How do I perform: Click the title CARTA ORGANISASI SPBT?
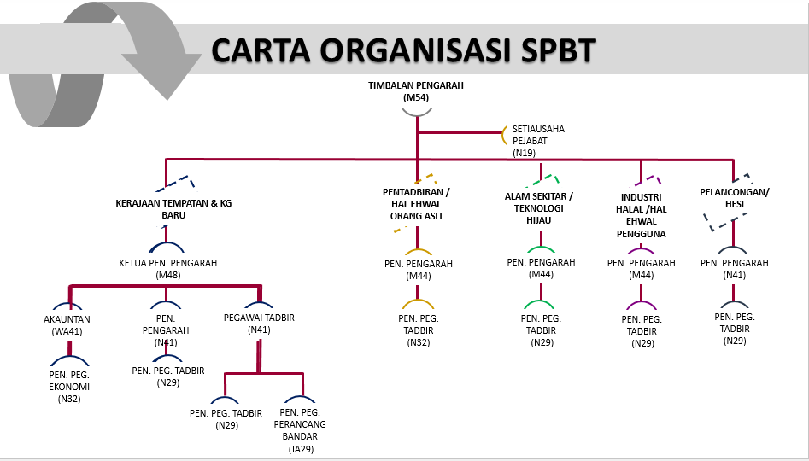[403, 50]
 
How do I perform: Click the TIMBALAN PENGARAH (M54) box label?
[416, 92]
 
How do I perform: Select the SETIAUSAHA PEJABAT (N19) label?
[538, 141]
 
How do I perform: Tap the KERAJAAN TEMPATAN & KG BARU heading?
[173, 209]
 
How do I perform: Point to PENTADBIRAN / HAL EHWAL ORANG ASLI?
[416, 205]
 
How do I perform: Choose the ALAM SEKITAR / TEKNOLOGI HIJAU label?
[539, 208]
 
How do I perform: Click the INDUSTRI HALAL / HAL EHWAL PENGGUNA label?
[642, 215]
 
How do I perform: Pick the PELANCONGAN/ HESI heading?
[734, 198]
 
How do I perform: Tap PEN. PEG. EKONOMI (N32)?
[69, 386]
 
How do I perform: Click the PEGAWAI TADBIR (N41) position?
[259, 324]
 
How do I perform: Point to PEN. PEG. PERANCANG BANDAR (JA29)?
[300, 431]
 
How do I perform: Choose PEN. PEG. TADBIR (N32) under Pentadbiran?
[419, 330]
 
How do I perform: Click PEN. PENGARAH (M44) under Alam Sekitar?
[541, 268]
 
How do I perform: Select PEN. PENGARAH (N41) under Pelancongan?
[734, 269]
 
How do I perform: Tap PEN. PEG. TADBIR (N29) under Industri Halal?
[642, 331]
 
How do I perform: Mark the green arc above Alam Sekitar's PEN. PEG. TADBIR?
[540, 305]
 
